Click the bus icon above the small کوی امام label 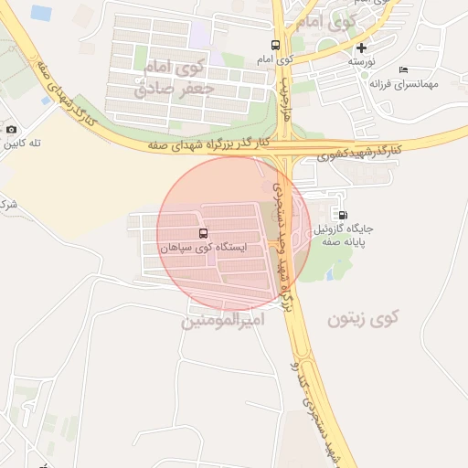[x=275, y=45]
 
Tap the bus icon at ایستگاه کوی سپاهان [x=203, y=233]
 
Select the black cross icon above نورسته [x=362, y=48]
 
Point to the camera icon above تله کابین [x=11, y=131]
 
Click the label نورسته [x=361, y=61]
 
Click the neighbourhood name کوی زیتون [x=363, y=318]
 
